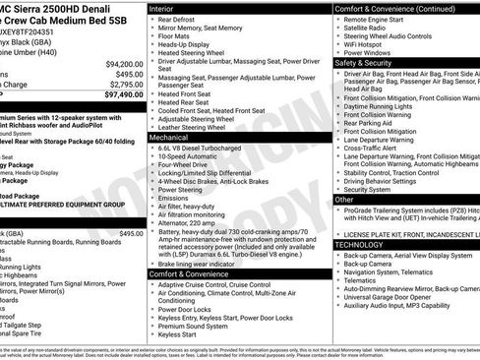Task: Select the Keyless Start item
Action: tap(177, 334)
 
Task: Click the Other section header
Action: tap(345, 199)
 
